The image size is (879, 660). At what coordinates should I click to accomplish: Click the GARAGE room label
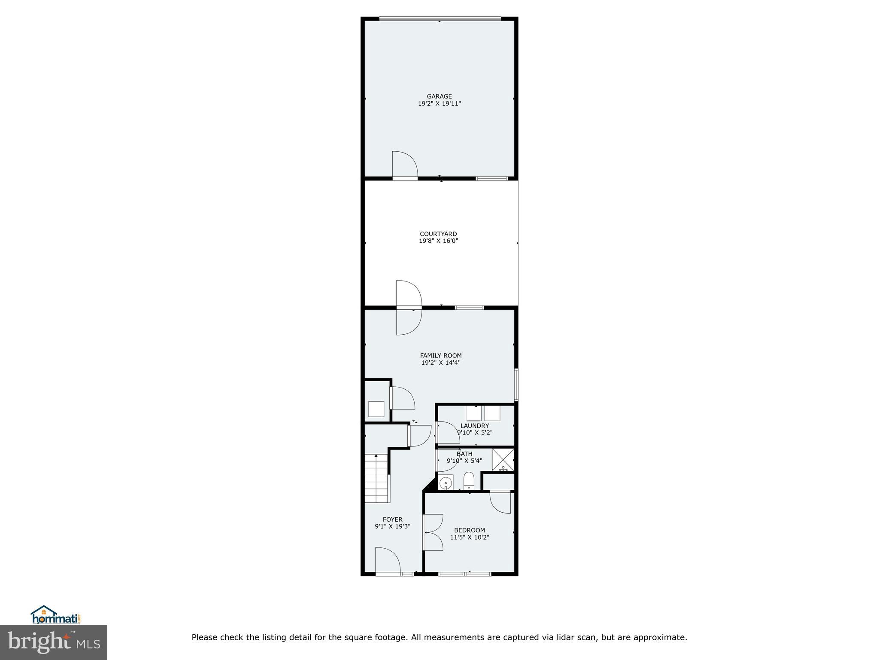(439, 97)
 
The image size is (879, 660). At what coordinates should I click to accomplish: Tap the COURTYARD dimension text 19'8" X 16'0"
(438, 241)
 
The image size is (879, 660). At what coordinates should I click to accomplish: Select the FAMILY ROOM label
(441, 355)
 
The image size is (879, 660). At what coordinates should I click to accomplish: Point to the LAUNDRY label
(475, 426)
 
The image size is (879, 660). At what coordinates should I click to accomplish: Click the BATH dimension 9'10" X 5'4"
(464, 461)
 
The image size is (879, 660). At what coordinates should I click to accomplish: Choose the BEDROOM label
(470, 530)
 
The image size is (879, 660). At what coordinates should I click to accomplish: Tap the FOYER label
(392, 519)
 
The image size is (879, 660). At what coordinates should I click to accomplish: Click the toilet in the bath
(469, 480)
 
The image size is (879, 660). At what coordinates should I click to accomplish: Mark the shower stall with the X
(503, 459)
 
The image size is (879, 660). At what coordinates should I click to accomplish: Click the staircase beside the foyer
(376, 480)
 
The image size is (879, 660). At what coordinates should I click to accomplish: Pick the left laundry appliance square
(473, 413)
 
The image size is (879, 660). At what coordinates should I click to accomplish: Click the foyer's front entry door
(387, 560)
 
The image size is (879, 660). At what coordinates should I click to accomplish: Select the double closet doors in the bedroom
(433, 532)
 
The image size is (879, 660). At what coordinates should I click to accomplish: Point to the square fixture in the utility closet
(376, 409)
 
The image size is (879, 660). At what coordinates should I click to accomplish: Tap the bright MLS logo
(54, 642)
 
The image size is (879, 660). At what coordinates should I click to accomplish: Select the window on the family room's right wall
(516, 385)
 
